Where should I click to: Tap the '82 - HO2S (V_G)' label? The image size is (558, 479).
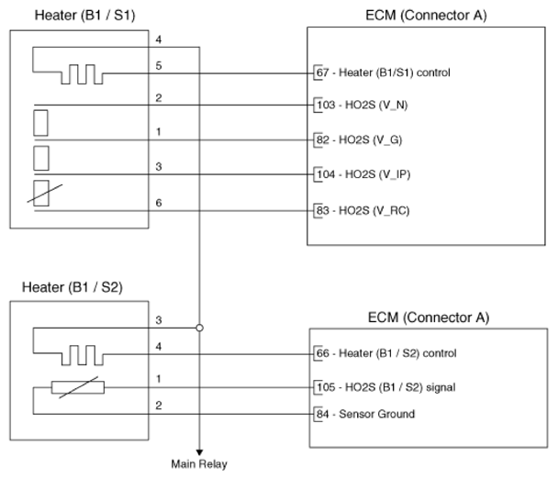(358, 140)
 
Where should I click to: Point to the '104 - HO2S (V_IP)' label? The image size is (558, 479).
(363, 174)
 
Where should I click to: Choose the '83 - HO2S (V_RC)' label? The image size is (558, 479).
(363, 209)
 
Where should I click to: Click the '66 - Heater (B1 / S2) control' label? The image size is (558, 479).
(386, 353)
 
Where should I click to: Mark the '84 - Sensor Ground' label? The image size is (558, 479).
(365, 414)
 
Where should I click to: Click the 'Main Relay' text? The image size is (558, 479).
(199, 463)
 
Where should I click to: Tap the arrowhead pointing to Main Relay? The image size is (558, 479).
(198, 448)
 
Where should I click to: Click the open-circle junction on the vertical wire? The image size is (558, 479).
(199, 327)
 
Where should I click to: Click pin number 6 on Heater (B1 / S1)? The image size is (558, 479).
(159, 202)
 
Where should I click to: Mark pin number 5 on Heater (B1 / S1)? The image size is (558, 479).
(159, 65)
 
